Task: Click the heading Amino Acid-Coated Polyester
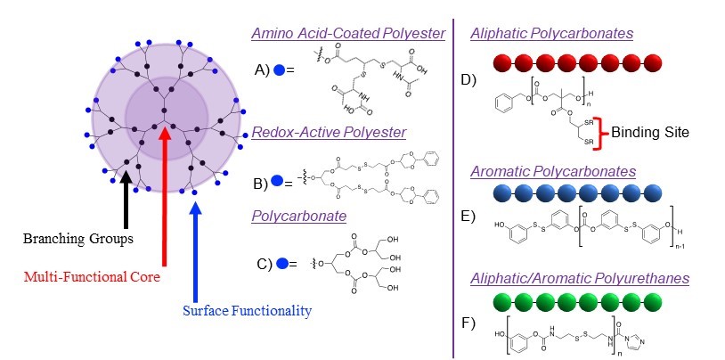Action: click(348, 34)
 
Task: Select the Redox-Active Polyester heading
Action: click(329, 132)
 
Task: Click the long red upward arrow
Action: click(164, 196)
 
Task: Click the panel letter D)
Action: click(468, 81)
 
